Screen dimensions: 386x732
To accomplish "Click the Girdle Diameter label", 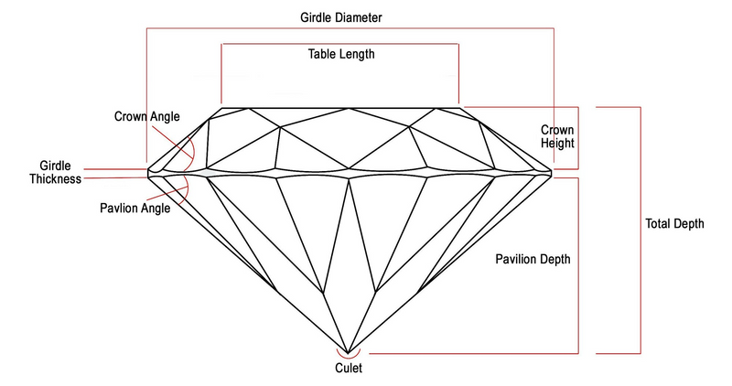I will click(x=341, y=17).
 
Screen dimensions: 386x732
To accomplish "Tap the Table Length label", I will click(x=341, y=54).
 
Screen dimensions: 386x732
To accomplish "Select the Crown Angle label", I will click(x=146, y=117).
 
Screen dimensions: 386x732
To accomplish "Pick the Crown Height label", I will click(x=556, y=136).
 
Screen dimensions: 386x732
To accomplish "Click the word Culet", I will click(x=349, y=370).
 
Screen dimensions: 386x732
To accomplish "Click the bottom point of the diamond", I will click(x=349, y=348).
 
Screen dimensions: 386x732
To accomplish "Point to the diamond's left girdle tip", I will click(x=149, y=170).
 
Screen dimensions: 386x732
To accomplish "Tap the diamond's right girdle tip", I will click(x=552, y=169).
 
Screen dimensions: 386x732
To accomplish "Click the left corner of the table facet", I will click(x=221, y=107).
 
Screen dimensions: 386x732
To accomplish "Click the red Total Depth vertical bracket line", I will click(x=640, y=229).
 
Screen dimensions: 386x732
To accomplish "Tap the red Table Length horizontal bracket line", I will click(x=339, y=43).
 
